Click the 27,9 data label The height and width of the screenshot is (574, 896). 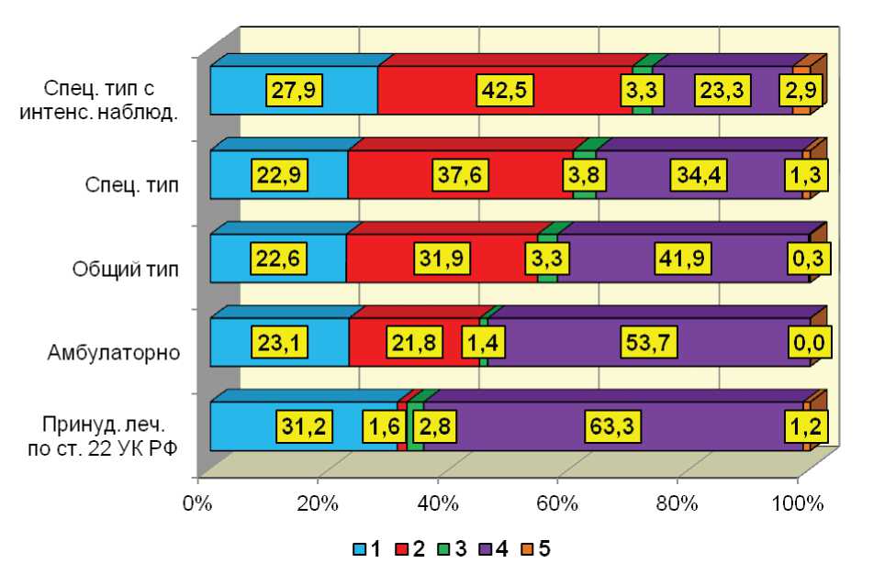(294, 91)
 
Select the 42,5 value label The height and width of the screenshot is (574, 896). (504, 91)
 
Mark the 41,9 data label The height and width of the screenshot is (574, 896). (680, 259)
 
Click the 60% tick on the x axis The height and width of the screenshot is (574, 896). (557, 502)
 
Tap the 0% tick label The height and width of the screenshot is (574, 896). (197, 502)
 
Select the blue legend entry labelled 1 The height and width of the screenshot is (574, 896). (368, 549)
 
